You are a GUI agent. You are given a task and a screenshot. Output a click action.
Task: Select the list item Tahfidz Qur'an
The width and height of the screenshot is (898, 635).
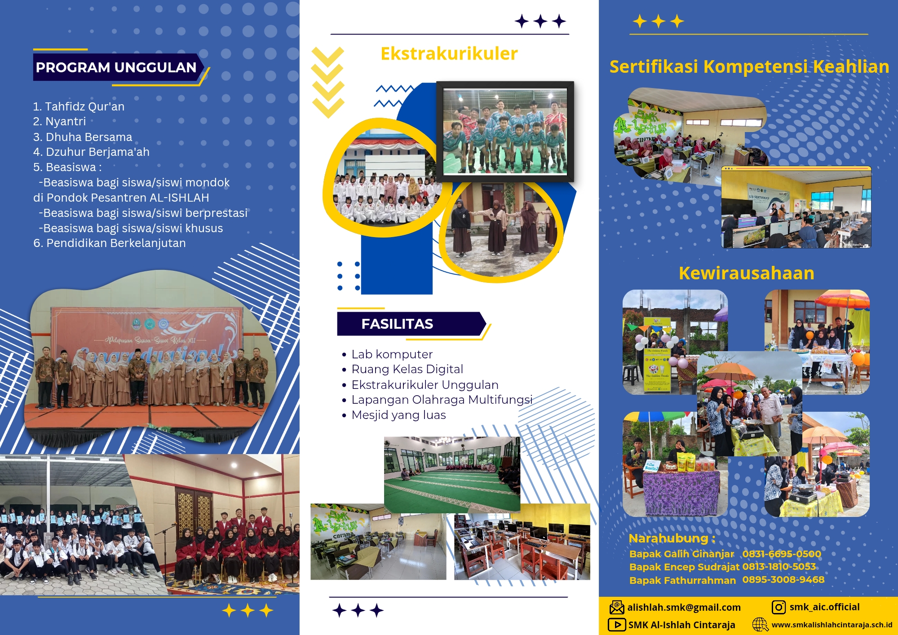[79, 106]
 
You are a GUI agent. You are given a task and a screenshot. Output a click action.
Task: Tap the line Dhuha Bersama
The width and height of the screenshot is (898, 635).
[83, 137]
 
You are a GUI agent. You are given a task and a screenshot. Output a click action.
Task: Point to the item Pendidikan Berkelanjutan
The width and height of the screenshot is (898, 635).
[109, 243]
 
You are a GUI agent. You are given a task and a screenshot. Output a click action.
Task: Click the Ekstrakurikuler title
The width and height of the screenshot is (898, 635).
[449, 53]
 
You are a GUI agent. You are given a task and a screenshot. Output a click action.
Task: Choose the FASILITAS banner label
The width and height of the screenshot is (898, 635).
[397, 324]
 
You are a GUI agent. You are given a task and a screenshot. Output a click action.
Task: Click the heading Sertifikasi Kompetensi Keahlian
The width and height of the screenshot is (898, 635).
[749, 66]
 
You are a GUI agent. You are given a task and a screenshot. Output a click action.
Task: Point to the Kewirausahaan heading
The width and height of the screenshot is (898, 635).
[746, 273]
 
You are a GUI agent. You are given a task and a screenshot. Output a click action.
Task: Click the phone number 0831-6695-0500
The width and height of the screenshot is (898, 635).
[781, 554]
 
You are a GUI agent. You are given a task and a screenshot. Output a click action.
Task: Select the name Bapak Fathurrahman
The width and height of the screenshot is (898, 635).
[682, 580]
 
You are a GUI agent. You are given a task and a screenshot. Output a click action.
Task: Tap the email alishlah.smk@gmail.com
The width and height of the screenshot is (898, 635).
[684, 607]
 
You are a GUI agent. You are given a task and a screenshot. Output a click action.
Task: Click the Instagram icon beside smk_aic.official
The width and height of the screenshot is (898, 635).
[779, 607]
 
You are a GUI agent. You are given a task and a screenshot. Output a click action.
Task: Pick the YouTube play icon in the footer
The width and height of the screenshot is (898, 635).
[617, 625]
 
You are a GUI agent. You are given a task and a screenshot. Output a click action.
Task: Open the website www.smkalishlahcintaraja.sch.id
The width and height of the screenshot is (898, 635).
[832, 625]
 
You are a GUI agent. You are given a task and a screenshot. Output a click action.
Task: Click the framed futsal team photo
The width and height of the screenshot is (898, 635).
[505, 131]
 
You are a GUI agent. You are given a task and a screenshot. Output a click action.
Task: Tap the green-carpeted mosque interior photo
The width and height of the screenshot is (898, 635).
[452, 474]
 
